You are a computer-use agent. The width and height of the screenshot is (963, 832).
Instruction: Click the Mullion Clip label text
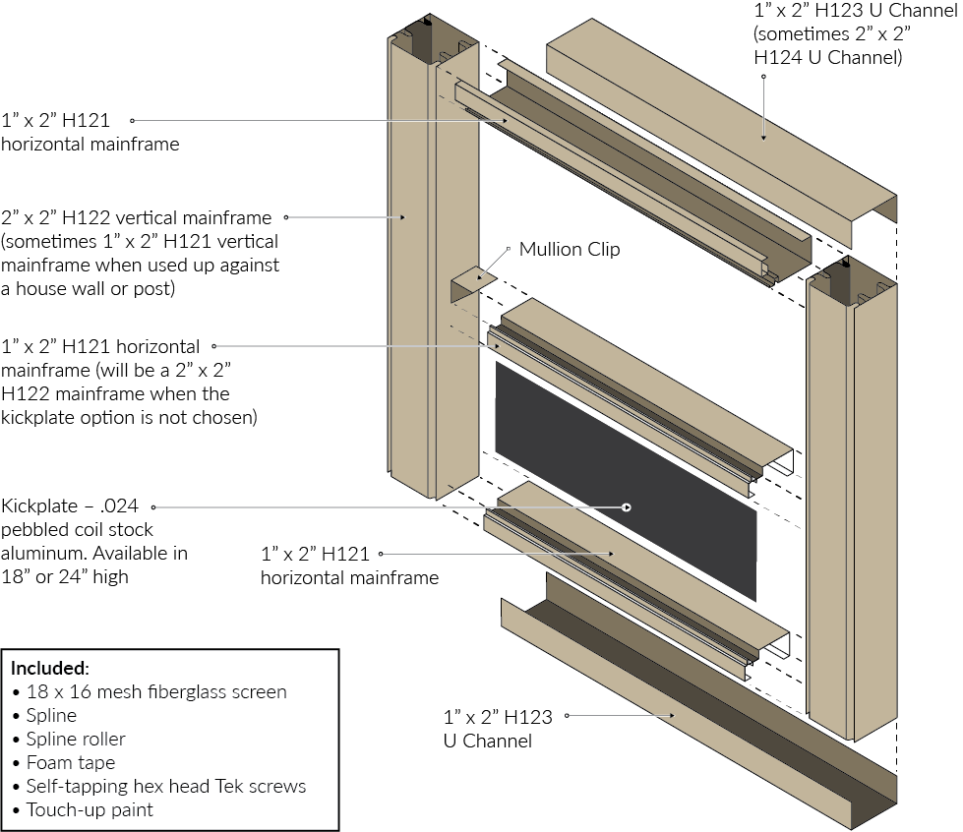click(570, 250)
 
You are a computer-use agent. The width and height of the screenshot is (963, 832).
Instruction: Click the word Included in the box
click(50, 669)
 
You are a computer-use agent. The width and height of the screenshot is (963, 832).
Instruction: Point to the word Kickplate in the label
click(38, 506)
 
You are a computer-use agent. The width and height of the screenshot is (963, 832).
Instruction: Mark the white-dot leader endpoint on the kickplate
click(627, 507)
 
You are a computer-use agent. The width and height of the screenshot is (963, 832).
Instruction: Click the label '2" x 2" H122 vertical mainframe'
click(137, 217)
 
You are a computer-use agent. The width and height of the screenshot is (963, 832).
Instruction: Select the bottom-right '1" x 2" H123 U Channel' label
click(497, 729)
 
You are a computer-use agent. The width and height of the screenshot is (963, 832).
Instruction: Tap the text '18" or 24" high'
click(65, 577)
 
